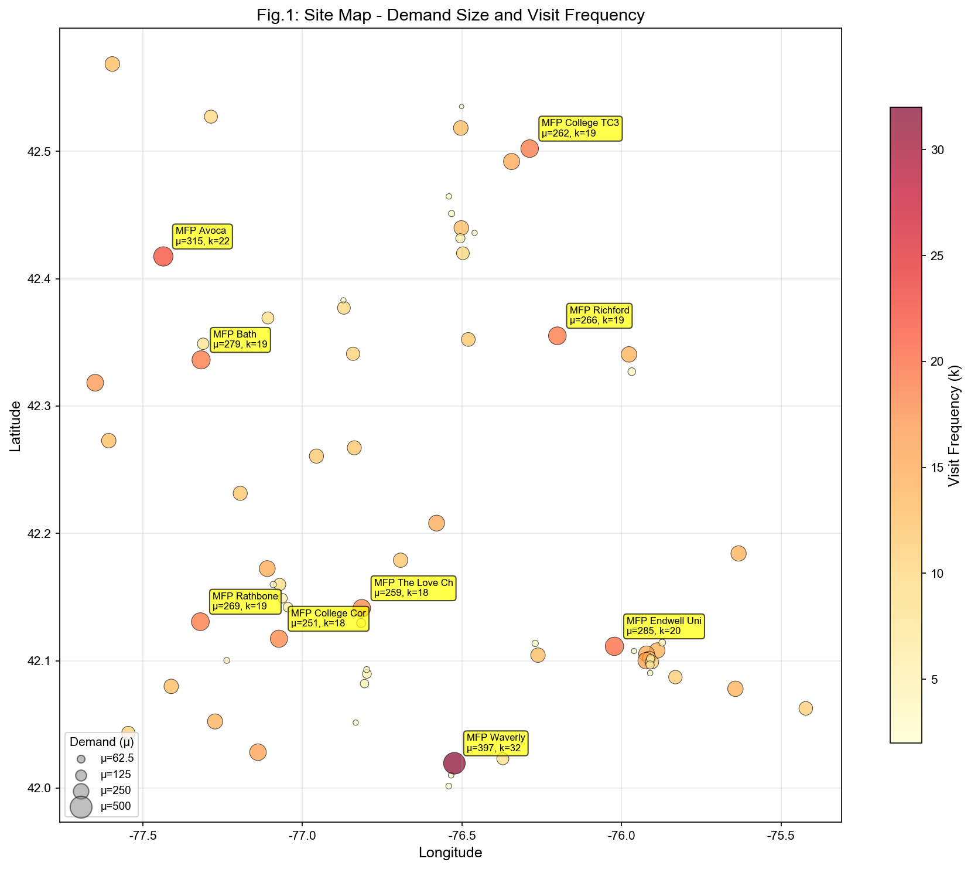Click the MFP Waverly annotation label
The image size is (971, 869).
click(496, 743)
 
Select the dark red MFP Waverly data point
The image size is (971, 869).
click(454, 763)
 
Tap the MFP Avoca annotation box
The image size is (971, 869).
click(203, 236)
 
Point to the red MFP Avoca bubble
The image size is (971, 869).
click(163, 256)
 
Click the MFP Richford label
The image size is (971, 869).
click(600, 315)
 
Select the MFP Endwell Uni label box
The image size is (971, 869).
click(664, 626)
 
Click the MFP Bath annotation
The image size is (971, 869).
click(240, 340)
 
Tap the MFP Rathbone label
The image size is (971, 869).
click(245, 602)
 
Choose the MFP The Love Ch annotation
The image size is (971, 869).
click(413, 588)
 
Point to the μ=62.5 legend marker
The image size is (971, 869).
click(81, 759)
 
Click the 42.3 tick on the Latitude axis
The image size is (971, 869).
click(40, 406)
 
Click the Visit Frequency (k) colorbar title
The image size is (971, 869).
click(954, 425)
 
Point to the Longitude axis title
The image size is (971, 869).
click(450, 853)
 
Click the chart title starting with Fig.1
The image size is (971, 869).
click(450, 15)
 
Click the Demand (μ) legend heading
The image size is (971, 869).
click(102, 742)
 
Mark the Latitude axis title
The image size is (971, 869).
click(16, 426)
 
